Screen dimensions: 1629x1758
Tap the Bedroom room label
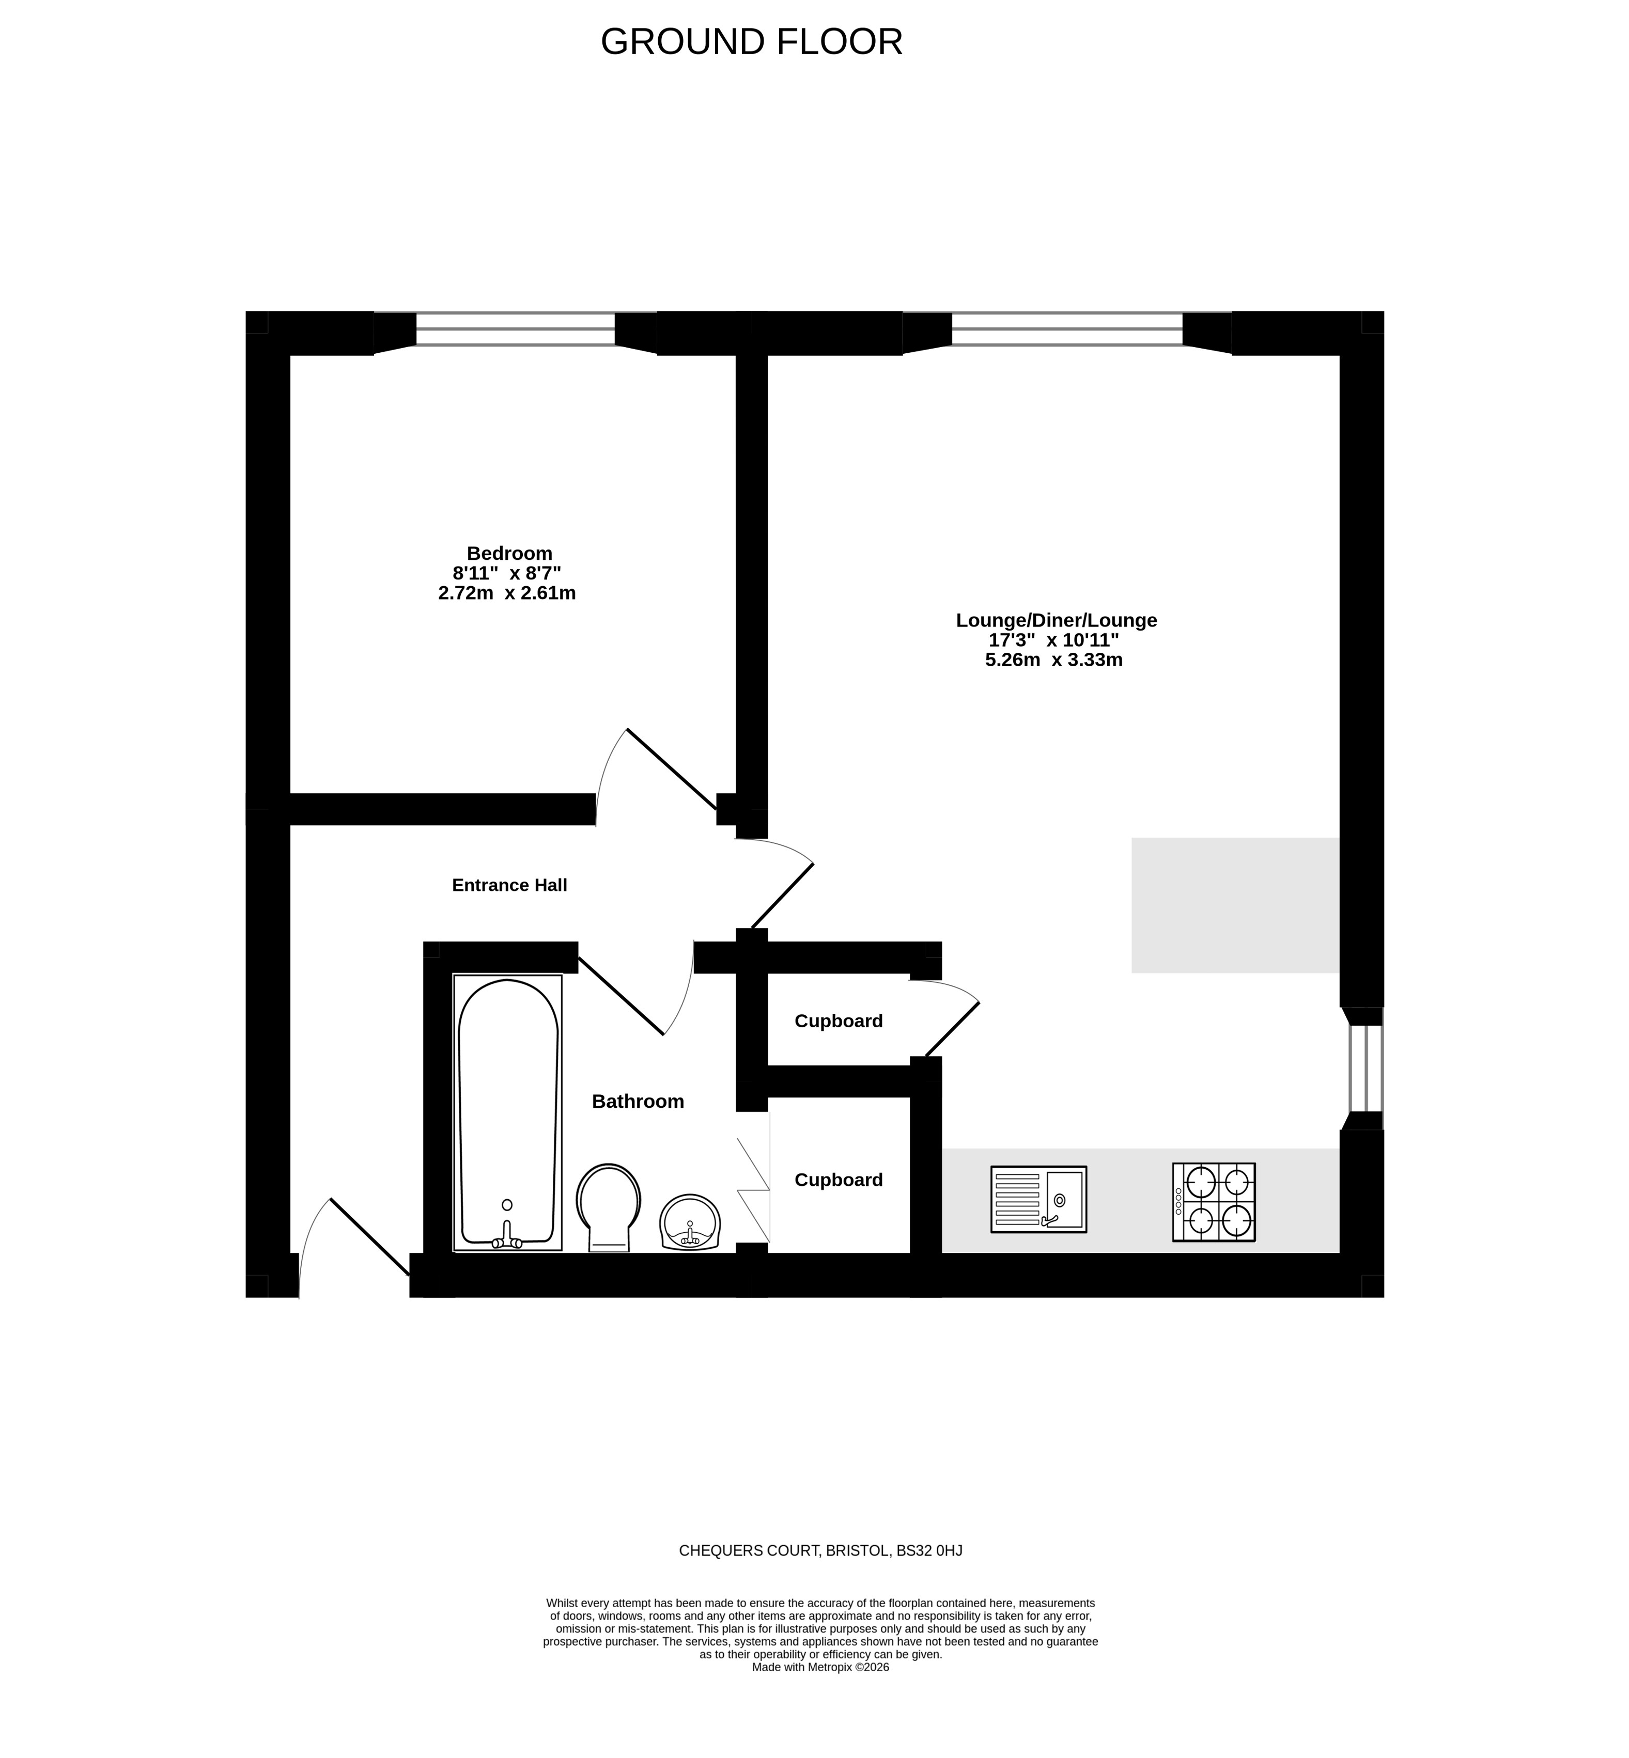click(x=509, y=554)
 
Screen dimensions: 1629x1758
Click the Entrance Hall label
click(x=509, y=885)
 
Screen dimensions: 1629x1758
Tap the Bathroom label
click(x=638, y=1102)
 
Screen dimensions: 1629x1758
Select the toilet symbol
click(x=608, y=1207)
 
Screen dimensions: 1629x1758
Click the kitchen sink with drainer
click(x=1038, y=1199)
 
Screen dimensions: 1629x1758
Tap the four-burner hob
click(x=1213, y=1202)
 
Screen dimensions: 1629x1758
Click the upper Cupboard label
click(x=839, y=1022)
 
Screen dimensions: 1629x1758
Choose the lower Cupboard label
click(x=839, y=1180)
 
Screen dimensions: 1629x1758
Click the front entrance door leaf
click(x=370, y=1237)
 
